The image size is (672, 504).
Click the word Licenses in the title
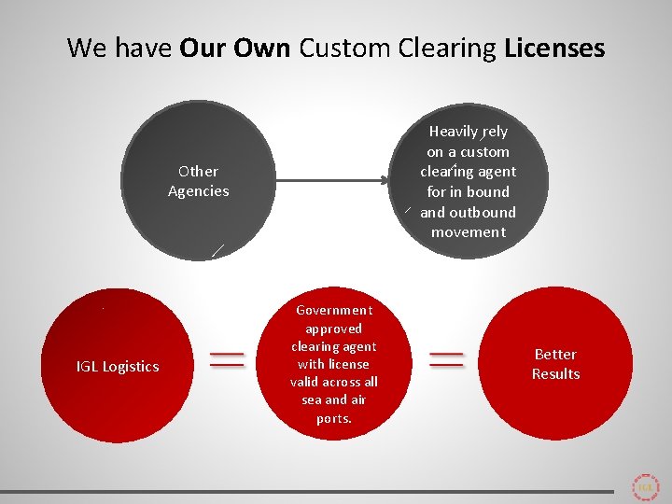(x=554, y=48)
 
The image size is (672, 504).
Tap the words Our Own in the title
(x=234, y=48)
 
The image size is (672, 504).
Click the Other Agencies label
(x=198, y=181)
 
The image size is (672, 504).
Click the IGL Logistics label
(x=118, y=367)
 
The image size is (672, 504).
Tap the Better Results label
(x=555, y=364)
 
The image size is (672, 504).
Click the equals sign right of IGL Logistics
(x=227, y=360)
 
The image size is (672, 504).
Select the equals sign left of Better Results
(x=446, y=360)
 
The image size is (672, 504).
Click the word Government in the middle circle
(x=333, y=310)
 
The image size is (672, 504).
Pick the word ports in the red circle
(x=333, y=418)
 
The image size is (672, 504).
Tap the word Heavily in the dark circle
(x=455, y=132)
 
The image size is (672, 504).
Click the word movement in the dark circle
(x=469, y=232)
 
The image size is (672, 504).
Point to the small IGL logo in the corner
(x=645, y=487)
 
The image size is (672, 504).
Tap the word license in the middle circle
(x=346, y=364)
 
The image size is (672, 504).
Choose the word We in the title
(x=88, y=48)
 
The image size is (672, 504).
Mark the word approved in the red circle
(x=333, y=329)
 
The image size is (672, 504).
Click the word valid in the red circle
(x=308, y=382)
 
